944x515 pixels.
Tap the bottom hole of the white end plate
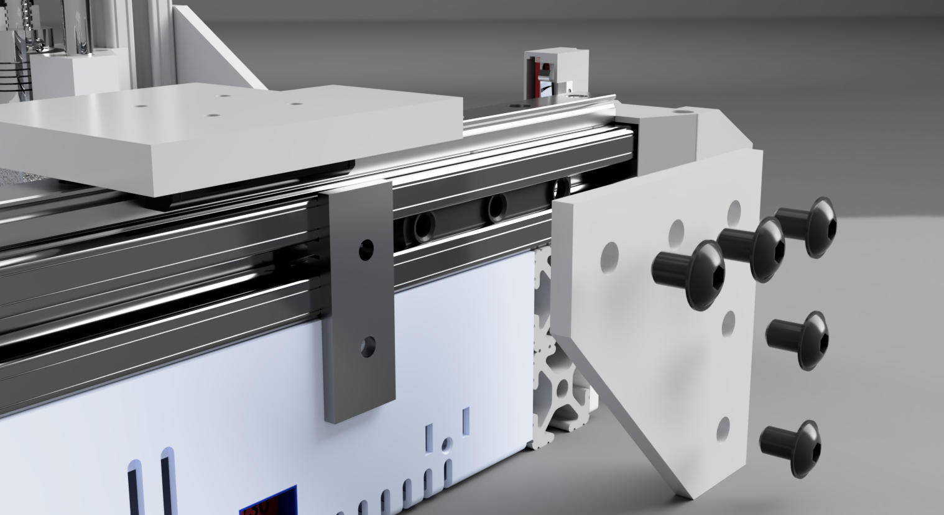(723, 427)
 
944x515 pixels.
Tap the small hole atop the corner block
(682, 112)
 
